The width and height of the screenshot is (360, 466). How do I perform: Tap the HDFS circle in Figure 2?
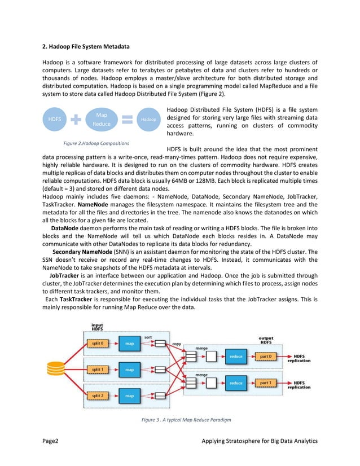55,120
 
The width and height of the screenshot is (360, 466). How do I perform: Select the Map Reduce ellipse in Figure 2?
102,119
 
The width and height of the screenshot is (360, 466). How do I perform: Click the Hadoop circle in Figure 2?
148,120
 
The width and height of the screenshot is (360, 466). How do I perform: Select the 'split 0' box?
98,343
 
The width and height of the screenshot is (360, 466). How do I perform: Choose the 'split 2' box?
98,397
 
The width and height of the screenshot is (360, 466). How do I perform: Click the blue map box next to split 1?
130,370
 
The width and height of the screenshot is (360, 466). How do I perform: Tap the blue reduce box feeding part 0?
236,357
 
